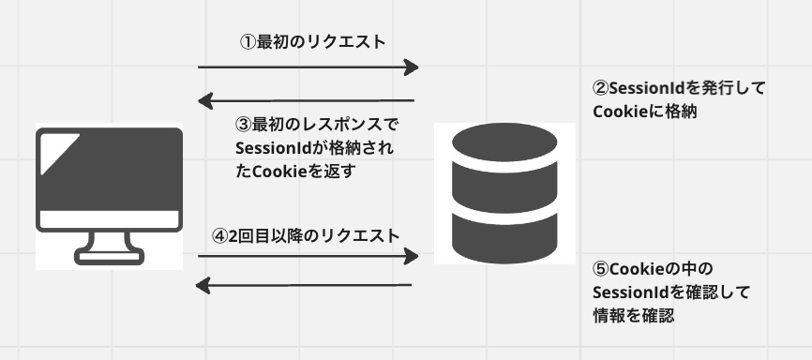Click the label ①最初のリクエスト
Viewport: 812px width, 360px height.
pos(313,41)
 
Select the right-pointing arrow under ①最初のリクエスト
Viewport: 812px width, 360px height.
pos(308,67)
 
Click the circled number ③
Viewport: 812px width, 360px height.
pos(242,125)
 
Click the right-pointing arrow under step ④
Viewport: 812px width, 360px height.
pos(308,256)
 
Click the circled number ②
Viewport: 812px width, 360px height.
pos(601,89)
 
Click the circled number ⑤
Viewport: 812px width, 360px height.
pos(601,268)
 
